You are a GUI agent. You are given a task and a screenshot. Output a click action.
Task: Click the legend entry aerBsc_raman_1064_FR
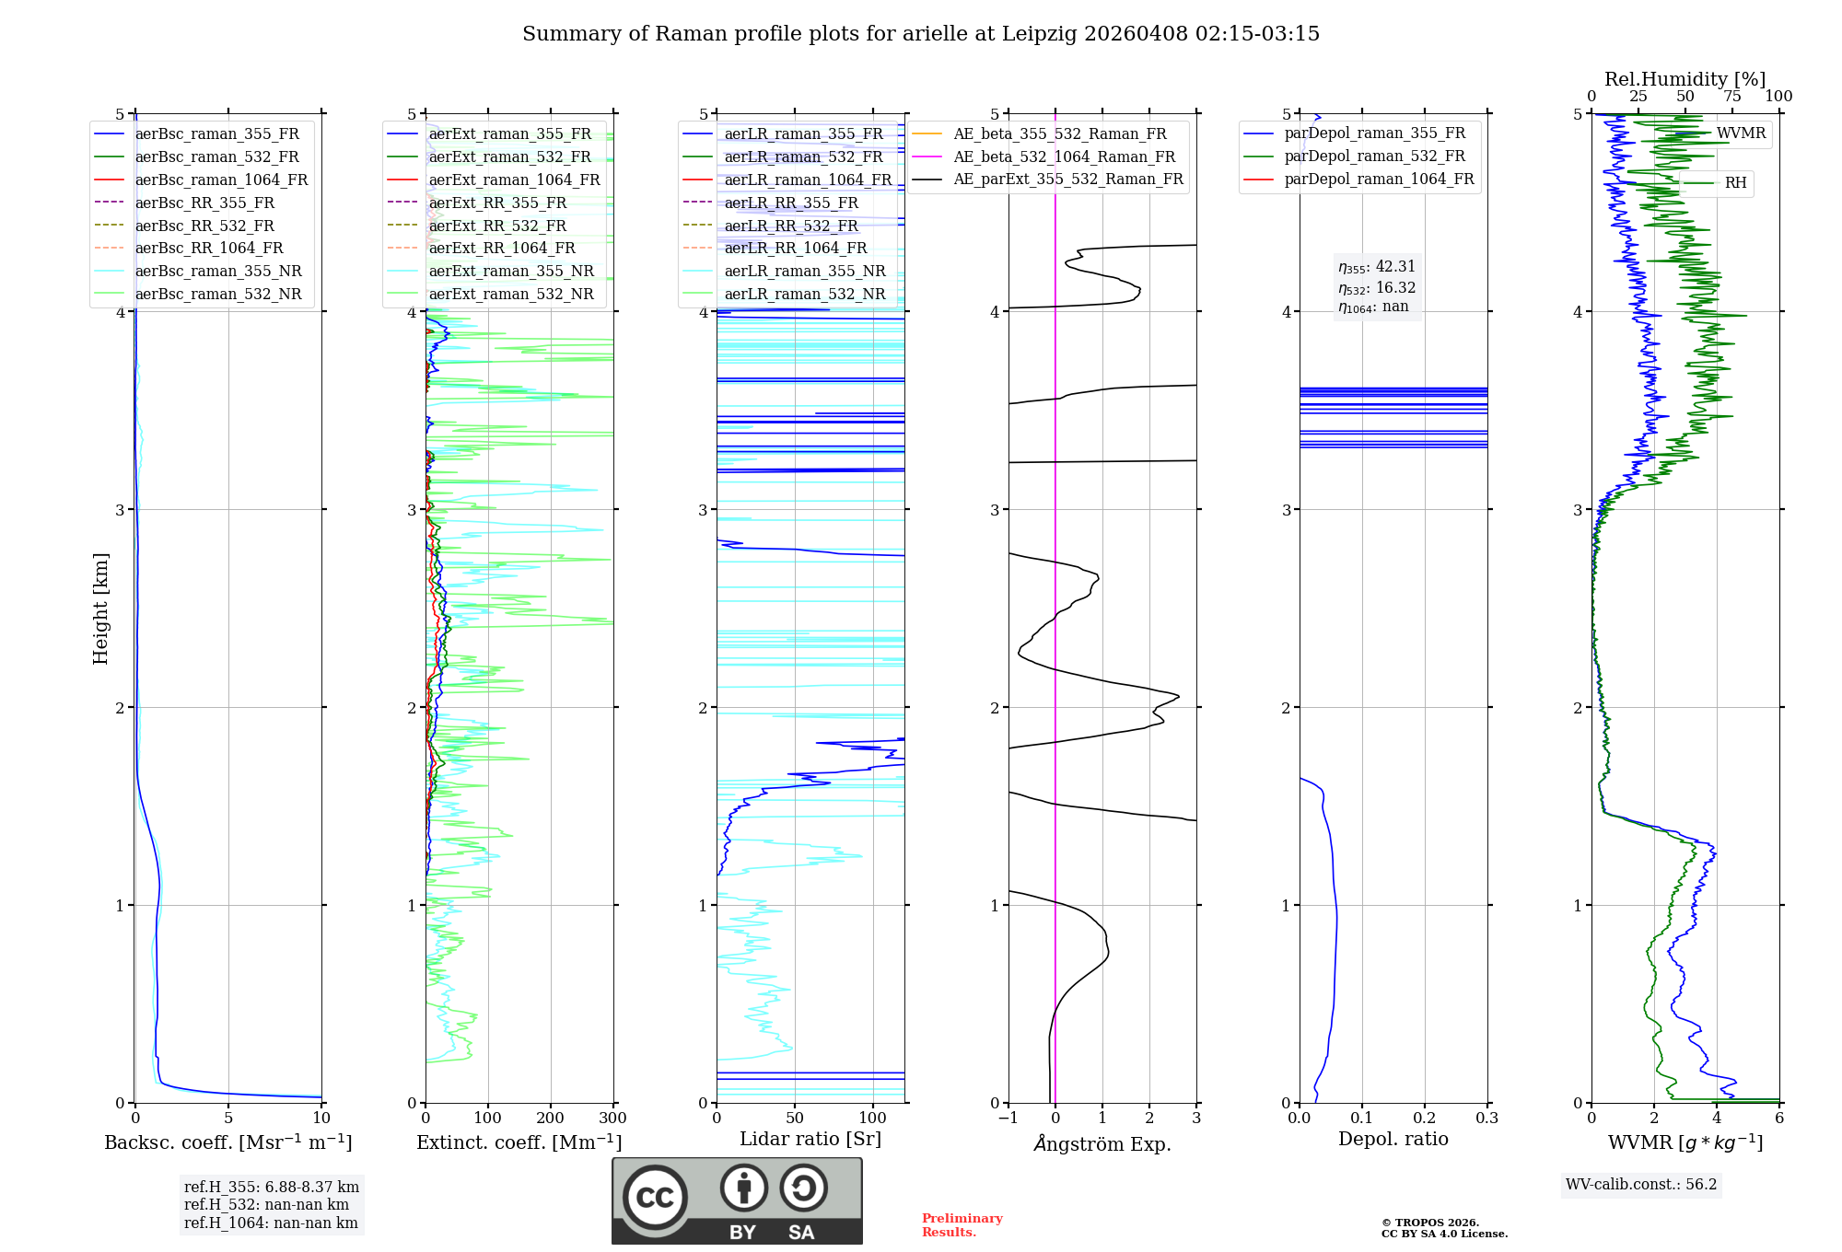[221, 180]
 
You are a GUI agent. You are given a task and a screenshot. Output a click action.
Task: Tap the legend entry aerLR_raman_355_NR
[804, 272]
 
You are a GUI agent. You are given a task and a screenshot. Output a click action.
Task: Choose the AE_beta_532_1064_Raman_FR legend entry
[1064, 157]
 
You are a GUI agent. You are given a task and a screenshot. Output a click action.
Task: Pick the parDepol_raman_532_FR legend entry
[1374, 156]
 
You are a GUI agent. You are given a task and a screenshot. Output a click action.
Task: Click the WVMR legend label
[1741, 133]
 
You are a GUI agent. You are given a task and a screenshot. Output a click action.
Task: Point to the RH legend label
[1735, 183]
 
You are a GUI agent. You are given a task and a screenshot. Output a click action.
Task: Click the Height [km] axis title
[100, 609]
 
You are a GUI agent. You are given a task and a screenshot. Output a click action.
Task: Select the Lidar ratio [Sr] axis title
[810, 1139]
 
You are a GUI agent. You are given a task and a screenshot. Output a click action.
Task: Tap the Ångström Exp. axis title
[1102, 1144]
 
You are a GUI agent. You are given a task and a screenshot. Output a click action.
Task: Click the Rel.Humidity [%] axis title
[1685, 79]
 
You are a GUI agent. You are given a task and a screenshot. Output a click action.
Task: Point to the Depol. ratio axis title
[1393, 1139]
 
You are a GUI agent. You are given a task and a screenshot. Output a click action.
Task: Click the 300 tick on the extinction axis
[612, 1119]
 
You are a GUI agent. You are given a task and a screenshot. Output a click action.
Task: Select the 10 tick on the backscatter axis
[321, 1119]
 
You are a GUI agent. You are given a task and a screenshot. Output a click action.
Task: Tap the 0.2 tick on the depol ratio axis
[1425, 1119]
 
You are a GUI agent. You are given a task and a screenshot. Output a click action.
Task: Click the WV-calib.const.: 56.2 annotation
[1641, 1185]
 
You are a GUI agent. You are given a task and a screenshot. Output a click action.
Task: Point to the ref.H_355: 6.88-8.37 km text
[272, 1188]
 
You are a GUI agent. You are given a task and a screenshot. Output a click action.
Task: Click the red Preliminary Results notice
[962, 1225]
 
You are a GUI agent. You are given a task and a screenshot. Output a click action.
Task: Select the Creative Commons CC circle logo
[655, 1198]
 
